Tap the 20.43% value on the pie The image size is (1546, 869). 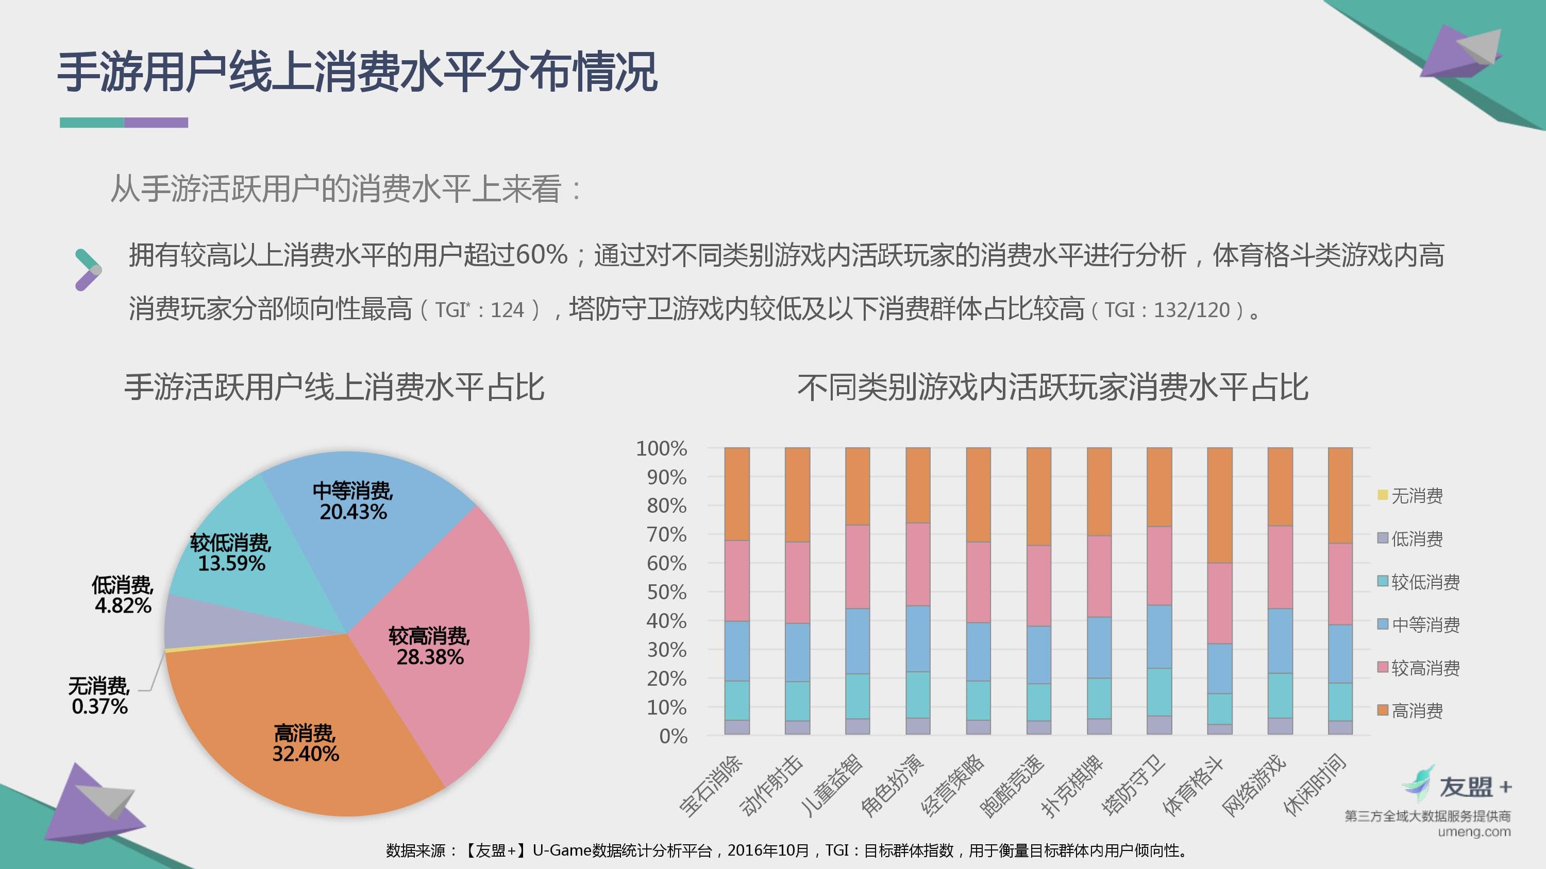click(353, 512)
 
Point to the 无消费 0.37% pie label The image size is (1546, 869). click(99, 696)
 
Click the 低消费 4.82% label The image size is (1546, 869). click(123, 595)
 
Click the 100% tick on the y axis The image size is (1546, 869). click(661, 448)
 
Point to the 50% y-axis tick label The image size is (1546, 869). click(666, 593)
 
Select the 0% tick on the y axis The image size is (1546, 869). click(673, 737)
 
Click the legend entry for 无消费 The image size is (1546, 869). click(1410, 495)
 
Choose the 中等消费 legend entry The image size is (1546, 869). click(1418, 625)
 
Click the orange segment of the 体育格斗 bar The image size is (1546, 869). click(1219, 505)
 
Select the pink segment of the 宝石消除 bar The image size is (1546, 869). click(737, 581)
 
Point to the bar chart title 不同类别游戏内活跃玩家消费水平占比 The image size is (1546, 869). click(1053, 388)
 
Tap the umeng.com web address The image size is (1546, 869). click(1474, 832)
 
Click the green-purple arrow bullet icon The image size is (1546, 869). click(88, 270)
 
